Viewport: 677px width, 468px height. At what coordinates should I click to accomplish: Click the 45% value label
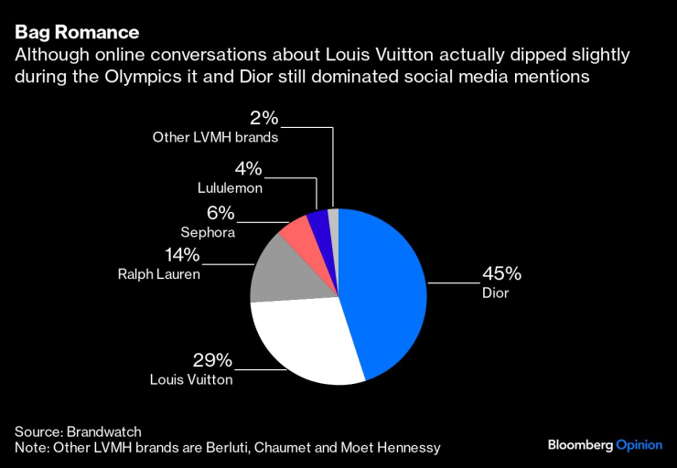coord(502,273)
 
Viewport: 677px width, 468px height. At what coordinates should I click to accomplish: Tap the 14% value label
coord(182,255)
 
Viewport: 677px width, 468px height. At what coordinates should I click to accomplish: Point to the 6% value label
coord(220,214)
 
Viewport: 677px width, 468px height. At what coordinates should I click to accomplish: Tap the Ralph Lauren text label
coord(158,274)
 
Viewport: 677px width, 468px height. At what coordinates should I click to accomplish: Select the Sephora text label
coord(207,233)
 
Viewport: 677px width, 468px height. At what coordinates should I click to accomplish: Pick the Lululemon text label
coord(230,188)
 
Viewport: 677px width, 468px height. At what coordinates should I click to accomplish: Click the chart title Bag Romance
coord(76,34)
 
